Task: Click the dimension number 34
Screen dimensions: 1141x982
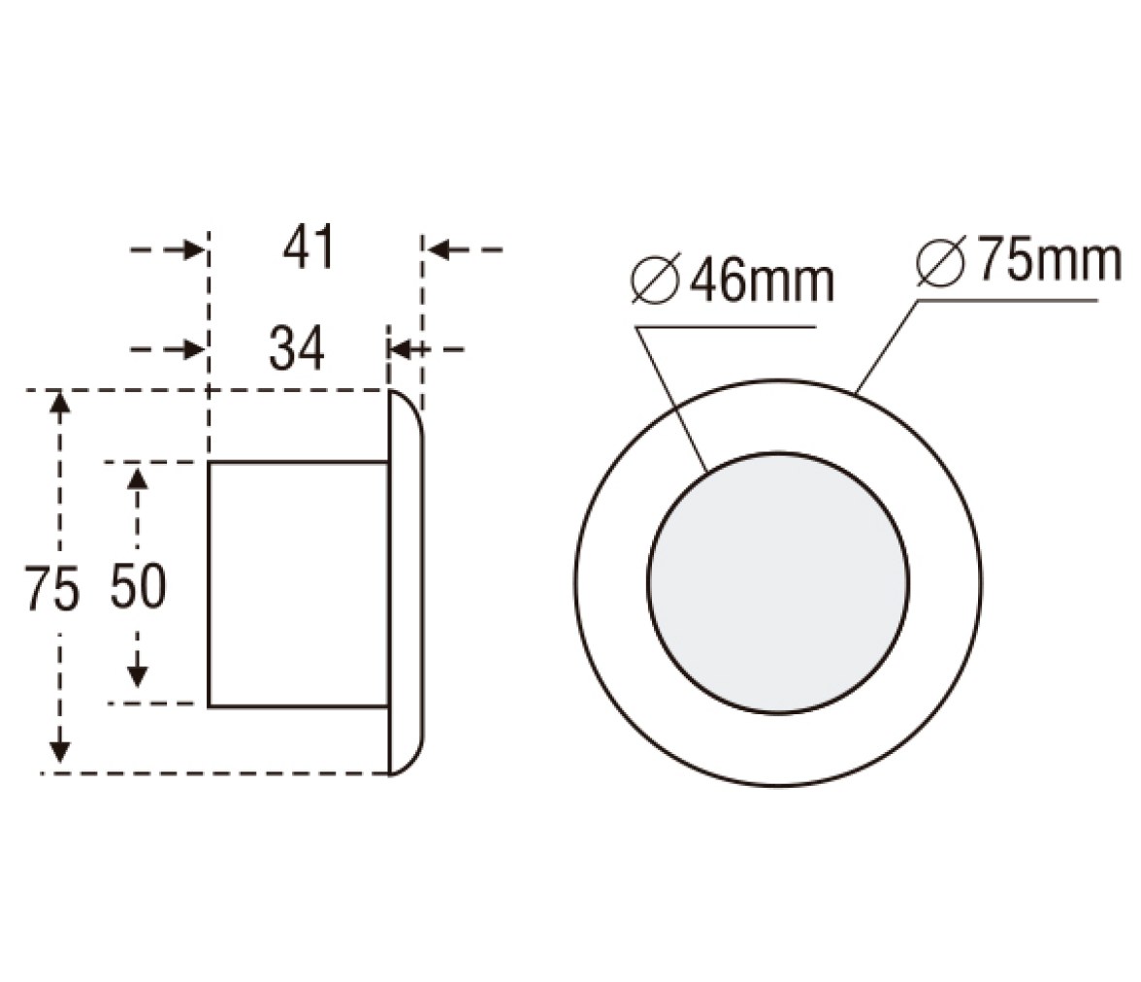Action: [296, 348]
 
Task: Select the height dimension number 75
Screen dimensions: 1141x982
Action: [50, 587]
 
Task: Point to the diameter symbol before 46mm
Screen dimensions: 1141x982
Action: [656, 279]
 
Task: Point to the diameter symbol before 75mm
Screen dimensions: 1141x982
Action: [941, 261]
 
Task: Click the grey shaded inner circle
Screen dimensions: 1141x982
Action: [778, 582]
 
